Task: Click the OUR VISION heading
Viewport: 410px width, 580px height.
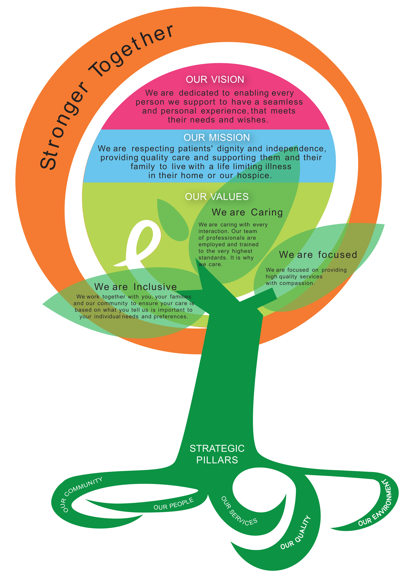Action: [215, 79]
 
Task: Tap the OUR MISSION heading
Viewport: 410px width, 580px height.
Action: [217, 137]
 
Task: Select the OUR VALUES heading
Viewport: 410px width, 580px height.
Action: [217, 197]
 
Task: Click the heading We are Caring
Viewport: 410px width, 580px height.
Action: [247, 212]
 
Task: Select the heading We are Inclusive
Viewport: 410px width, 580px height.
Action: [136, 287]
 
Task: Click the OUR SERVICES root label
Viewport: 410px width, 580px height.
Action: [239, 511]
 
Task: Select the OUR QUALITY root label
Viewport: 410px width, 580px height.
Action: [295, 533]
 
